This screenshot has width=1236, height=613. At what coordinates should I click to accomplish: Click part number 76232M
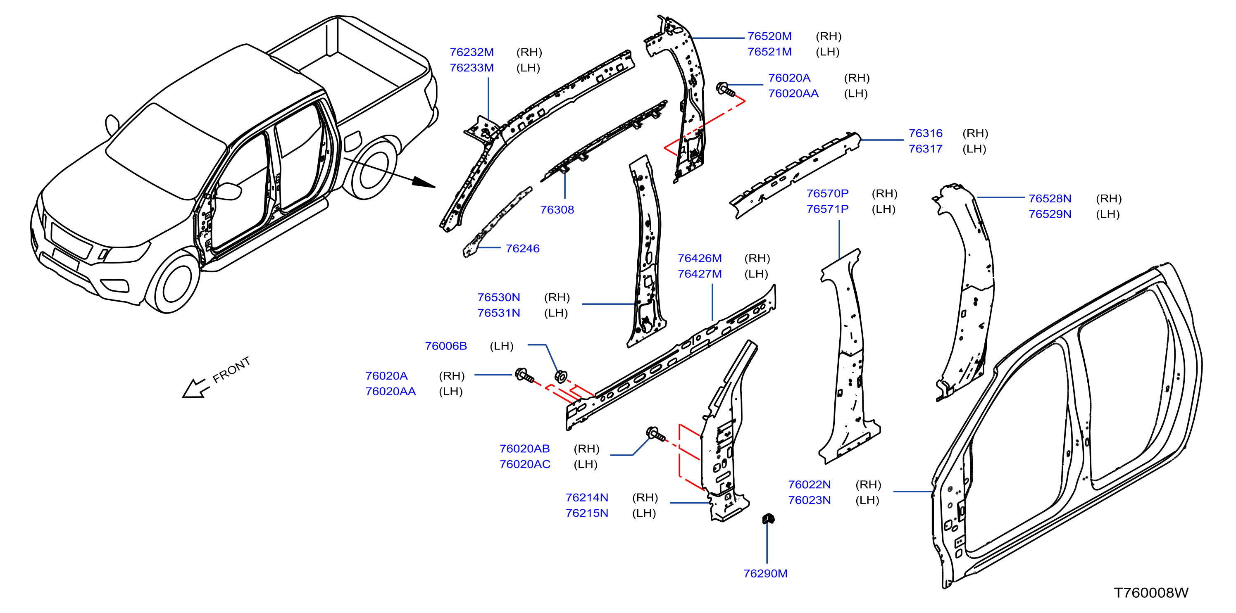click(471, 52)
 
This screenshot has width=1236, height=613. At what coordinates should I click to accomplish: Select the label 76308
click(557, 209)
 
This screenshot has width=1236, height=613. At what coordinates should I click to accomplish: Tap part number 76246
click(522, 248)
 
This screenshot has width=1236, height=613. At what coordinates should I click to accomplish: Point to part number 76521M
click(769, 52)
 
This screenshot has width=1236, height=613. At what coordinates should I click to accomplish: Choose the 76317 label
click(925, 149)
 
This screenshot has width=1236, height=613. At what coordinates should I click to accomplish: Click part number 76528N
click(1049, 199)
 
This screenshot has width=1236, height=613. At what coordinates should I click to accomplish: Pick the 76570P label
click(827, 193)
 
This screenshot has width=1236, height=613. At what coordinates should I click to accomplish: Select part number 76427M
click(699, 274)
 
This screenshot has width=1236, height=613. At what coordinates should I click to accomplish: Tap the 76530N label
click(498, 297)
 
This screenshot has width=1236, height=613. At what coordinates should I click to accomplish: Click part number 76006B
click(445, 346)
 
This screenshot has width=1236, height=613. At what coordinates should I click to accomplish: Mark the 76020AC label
click(524, 464)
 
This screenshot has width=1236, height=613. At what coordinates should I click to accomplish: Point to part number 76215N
click(586, 513)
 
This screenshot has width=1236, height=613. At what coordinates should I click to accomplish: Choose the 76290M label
click(765, 574)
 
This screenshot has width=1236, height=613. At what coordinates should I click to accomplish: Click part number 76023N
click(809, 500)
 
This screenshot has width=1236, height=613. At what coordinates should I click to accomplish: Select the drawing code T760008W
click(1150, 593)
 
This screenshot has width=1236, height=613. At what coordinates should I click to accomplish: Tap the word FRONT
click(231, 370)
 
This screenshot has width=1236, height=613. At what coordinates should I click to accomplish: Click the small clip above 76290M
click(768, 518)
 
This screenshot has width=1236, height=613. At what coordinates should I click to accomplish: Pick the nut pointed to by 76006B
click(560, 377)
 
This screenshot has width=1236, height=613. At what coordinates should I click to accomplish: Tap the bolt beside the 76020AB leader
click(655, 434)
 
